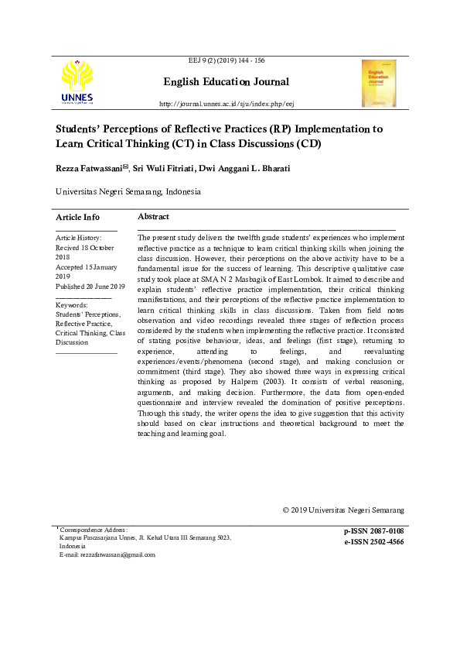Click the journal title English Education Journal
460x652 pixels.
pyautogui.click(x=226, y=82)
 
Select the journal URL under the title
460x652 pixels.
pyautogui.click(x=227, y=103)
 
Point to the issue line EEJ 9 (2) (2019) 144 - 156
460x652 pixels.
pyautogui.click(x=227, y=60)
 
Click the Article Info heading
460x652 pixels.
pyautogui.click(x=77, y=218)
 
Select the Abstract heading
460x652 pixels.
pyautogui.click(x=153, y=217)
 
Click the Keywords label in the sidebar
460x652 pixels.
pyautogui.click(x=72, y=305)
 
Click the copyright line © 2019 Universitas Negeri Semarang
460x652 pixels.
pyautogui.click(x=343, y=510)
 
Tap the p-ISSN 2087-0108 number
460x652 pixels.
pyautogui.click(x=374, y=531)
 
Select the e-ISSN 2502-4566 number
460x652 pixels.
pyautogui.click(x=374, y=542)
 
